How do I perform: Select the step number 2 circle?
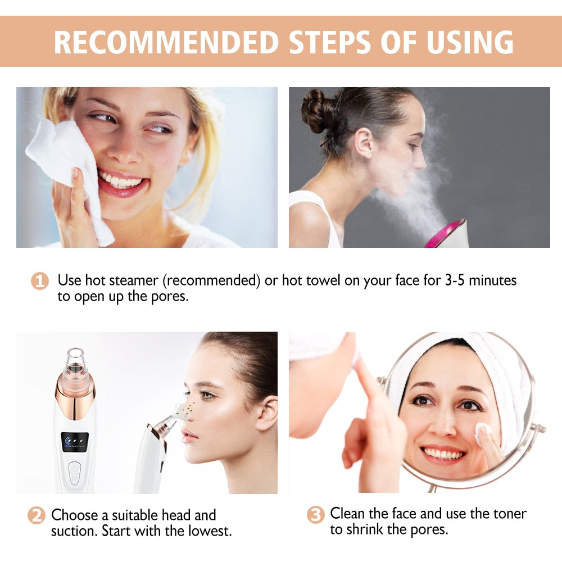point(37,515)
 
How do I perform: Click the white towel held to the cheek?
point(67,169)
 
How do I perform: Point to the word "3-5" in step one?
point(445,280)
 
